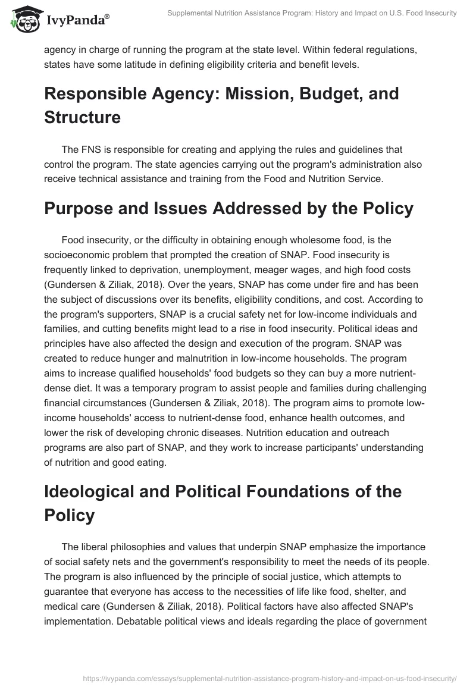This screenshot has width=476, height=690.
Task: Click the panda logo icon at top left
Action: coord(22,19)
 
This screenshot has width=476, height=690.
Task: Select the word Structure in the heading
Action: coord(82,117)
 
